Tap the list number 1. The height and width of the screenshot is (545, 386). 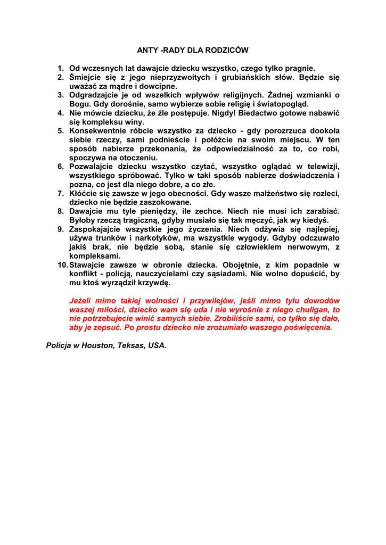click(61, 68)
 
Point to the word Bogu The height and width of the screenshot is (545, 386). click(79, 104)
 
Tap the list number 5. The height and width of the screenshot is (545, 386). click(61, 131)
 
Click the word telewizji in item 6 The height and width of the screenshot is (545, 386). click(322, 167)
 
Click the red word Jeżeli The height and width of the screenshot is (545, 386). click(82, 301)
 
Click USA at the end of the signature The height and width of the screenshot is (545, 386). click(157, 346)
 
